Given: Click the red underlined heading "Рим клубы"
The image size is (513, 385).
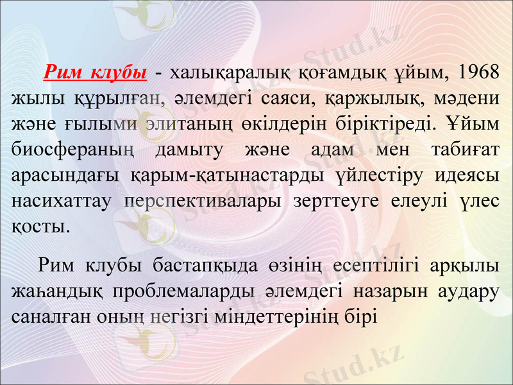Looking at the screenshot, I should point(96,71).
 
